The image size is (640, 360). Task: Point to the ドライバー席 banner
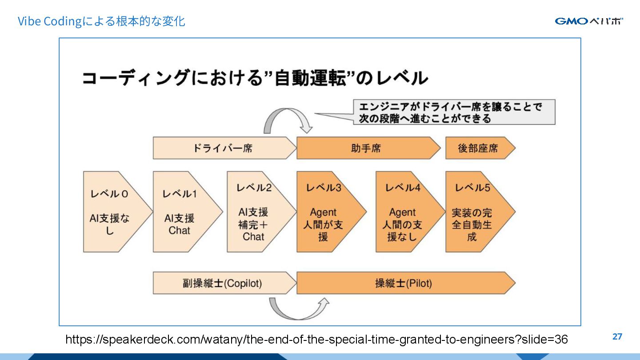[222, 148]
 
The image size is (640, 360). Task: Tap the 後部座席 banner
[478, 148]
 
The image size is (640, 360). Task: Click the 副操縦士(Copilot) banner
[222, 283]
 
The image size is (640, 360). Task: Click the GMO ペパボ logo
[589, 21]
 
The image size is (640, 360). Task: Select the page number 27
[617, 336]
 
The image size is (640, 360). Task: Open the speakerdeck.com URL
[316, 340]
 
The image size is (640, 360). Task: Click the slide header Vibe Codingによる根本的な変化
[101, 21]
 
